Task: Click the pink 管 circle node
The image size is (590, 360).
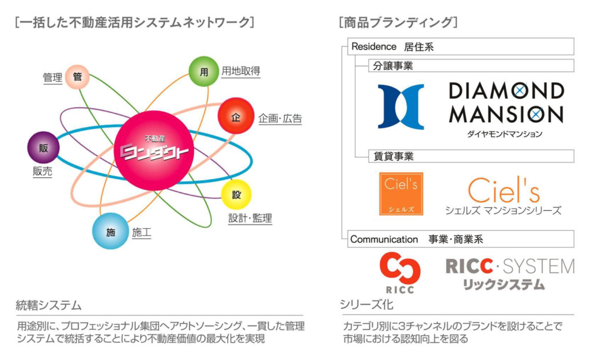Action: pyautogui.click(x=77, y=77)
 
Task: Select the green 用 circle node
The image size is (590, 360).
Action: pyautogui.click(x=203, y=72)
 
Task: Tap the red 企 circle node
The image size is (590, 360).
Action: pyautogui.click(x=236, y=116)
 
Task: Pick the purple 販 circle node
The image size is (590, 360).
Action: pyautogui.click(x=43, y=147)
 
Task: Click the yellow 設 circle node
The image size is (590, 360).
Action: pyautogui.click(x=236, y=195)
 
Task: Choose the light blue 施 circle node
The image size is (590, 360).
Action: pyautogui.click(x=110, y=232)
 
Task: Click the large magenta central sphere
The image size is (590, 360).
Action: pyautogui.click(x=154, y=150)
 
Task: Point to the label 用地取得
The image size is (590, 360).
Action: pyautogui.click(x=241, y=71)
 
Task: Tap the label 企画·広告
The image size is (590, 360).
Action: pyautogui.click(x=281, y=119)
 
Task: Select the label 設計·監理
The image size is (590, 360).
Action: pyautogui.click(x=250, y=218)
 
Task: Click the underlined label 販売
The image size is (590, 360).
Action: pyautogui.click(x=42, y=171)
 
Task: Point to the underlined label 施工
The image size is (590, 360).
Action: pyautogui.click(x=142, y=233)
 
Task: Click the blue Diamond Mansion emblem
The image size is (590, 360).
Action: pyautogui.click(x=401, y=107)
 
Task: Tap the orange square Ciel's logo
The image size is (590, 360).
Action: pyautogui.click(x=401, y=194)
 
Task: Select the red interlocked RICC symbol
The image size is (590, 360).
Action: pyautogui.click(x=400, y=268)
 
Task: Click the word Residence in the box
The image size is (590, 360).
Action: pyautogui.click(x=373, y=47)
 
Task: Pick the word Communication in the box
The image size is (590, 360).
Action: pyautogui.click(x=384, y=239)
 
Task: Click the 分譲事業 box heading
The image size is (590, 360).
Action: pyautogui.click(x=393, y=66)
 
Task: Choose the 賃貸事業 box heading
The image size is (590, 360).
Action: pyautogui.click(x=393, y=156)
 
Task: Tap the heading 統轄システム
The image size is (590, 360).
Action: pyautogui.click(x=48, y=305)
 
